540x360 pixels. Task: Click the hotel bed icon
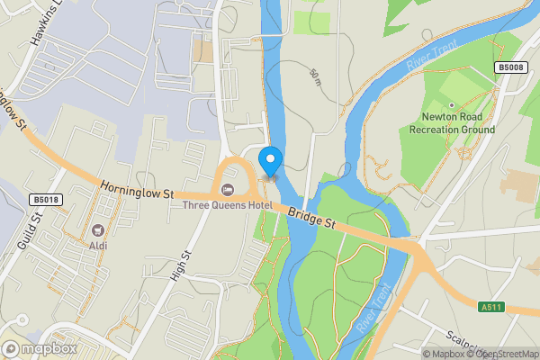pos(226,189)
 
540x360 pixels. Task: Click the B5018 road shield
pos(44,200)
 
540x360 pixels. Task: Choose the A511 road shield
pos(491,307)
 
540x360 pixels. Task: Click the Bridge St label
pos(312,220)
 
